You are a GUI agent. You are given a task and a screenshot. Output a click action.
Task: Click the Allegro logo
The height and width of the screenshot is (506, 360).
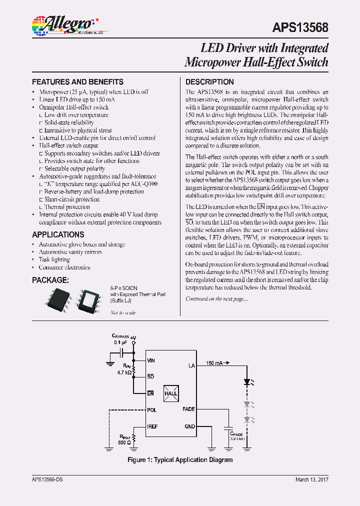(x=62, y=24)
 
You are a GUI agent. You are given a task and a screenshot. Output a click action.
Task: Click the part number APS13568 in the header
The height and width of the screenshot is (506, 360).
(x=300, y=27)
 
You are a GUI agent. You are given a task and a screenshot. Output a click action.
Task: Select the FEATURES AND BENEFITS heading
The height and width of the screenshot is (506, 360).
(x=77, y=81)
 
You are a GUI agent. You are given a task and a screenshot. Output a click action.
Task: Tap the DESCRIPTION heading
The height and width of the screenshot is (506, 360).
(x=209, y=81)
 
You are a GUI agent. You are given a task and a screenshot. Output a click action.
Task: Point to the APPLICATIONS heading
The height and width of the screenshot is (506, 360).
(x=58, y=234)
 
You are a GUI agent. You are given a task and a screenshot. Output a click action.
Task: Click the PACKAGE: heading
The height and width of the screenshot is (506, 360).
(x=50, y=280)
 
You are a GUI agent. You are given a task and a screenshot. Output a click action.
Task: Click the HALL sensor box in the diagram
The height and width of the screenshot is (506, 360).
(x=171, y=393)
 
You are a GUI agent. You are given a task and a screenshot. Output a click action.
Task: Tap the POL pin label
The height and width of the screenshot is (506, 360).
(x=152, y=410)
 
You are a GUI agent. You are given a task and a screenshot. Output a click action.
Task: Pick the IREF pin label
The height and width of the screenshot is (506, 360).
(x=153, y=426)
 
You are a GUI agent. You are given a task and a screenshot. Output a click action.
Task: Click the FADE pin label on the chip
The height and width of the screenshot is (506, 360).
(x=188, y=409)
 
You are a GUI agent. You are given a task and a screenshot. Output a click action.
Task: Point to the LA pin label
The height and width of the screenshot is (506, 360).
(x=191, y=365)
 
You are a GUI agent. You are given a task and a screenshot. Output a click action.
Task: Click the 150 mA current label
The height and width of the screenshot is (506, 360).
(x=214, y=363)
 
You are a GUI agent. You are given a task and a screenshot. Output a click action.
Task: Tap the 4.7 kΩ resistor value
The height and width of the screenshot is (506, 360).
(x=124, y=373)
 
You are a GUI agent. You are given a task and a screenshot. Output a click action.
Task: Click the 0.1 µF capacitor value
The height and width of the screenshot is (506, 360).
(x=120, y=342)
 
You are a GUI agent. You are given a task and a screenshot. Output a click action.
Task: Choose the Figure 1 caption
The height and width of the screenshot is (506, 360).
(x=180, y=459)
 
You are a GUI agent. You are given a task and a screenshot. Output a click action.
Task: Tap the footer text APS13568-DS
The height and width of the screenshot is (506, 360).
(x=47, y=479)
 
